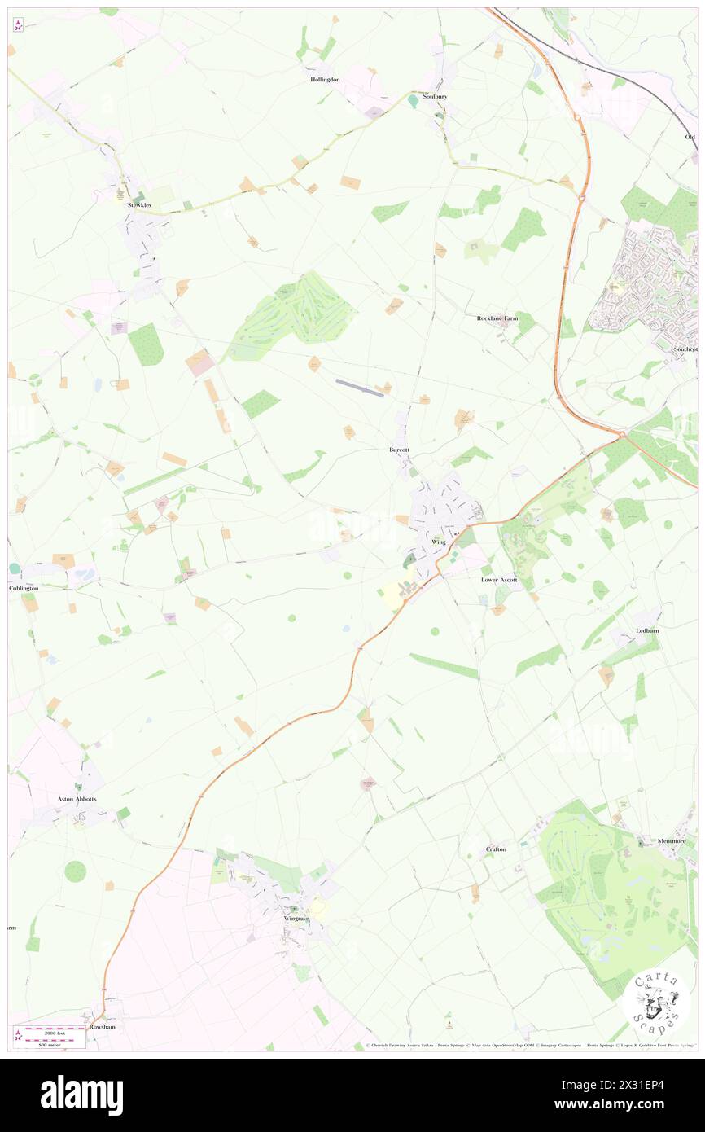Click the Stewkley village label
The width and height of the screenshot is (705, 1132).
click(139, 205)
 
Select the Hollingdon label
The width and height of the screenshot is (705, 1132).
click(325, 80)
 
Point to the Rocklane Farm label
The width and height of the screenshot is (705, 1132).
click(497, 318)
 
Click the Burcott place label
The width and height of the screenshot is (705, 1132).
click(399, 450)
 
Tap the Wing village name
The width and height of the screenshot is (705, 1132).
click(439, 542)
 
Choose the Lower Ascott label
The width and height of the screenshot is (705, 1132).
click(499, 580)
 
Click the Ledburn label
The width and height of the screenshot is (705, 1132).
click(648, 631)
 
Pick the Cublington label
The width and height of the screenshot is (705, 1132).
click(24, 588)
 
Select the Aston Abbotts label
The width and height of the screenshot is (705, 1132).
click(77, 799)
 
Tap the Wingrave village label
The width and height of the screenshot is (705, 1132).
click(297, 919)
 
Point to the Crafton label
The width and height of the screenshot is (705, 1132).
click(496, 849)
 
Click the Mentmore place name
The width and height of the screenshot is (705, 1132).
click(672, 840)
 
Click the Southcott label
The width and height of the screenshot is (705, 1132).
click(685, 349)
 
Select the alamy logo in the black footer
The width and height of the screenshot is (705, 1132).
click(81, 1095)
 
